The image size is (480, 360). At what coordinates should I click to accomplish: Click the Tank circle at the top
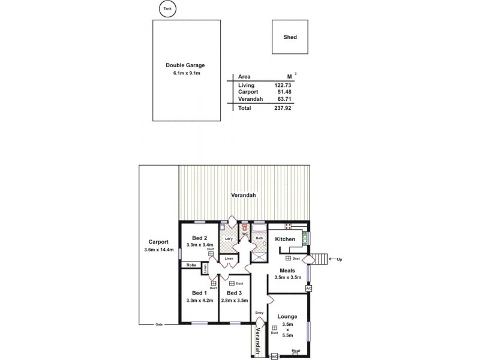pyautogui.click(x=166, y=8)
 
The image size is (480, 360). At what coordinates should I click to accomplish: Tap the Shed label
pyautogui.click(x=290, y=37)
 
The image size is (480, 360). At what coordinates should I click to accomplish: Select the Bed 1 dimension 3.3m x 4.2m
pyautogui.click(x=197, y=301)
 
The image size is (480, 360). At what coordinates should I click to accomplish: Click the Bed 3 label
pyautogui.click(x=234, y=292)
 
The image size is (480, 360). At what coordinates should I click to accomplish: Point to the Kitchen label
pyautogui.click(x=285, y=239)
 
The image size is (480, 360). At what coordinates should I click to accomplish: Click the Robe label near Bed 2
pyautogui.click(x=191, y=265)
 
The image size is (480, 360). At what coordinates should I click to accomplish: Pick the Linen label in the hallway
pyautogui.click(x=229, y=259)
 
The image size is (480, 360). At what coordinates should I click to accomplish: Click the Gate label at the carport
pyautogui.click(x=159, y=325)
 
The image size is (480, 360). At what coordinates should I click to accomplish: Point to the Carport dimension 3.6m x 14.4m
pyautogui.click(x=158, y=250)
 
